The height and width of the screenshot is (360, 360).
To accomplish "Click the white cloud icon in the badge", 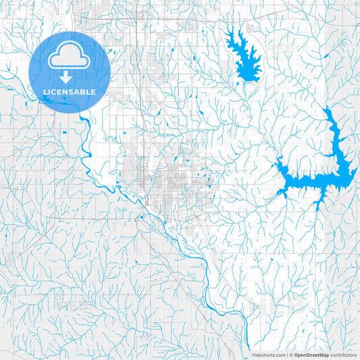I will pyautogui.click(x=70, y=59).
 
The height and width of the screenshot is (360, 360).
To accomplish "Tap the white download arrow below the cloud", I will pyautogui.click(x=70, y=77).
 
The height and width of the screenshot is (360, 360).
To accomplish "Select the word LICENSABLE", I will pyautogui.click(x=70, y=91).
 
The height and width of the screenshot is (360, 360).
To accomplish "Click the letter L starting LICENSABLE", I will pyautogui.click(x=45, y=91).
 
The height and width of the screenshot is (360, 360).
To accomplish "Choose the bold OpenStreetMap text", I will pyautogui.click(x=311, y=355).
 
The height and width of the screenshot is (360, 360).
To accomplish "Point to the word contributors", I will pyautogui.click(x=343, y=355).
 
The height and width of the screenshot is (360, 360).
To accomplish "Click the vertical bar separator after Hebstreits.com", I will pyautogui.click(x=286, y=355).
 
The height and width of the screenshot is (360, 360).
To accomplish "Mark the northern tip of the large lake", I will pyautogui.click(x=328, y=109).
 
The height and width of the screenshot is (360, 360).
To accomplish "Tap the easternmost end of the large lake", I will pyautogui.click(x=355, y=174).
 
